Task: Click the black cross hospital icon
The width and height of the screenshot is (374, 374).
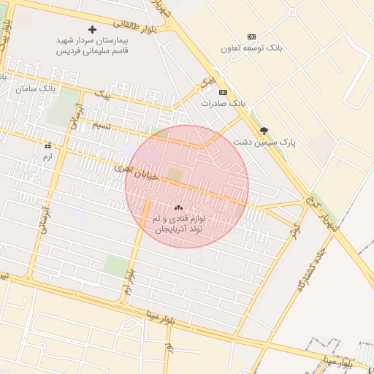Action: pos(92,29)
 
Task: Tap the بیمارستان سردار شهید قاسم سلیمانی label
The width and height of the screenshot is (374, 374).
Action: pos(93,45)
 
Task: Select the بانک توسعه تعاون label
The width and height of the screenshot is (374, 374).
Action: pos(252,48)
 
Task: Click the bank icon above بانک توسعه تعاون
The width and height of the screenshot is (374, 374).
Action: pos(252,37)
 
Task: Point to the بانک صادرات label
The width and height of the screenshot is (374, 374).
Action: pos(224,104)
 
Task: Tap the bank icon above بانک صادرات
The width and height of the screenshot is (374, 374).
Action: pos(223,92)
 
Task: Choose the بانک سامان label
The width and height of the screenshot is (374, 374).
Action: pos(35,88)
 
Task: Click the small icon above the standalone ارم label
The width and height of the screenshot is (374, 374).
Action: pos(48,145)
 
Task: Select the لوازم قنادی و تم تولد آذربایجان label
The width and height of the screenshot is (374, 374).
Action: pos(179,224)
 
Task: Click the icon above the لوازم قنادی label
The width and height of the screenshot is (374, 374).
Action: pos(179,208)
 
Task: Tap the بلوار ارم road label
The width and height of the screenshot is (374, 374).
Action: pos(129,281)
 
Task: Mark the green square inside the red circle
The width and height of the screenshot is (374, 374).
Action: pos(175,174)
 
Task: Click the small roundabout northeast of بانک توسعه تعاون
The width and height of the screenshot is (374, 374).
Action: pos(292,12)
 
